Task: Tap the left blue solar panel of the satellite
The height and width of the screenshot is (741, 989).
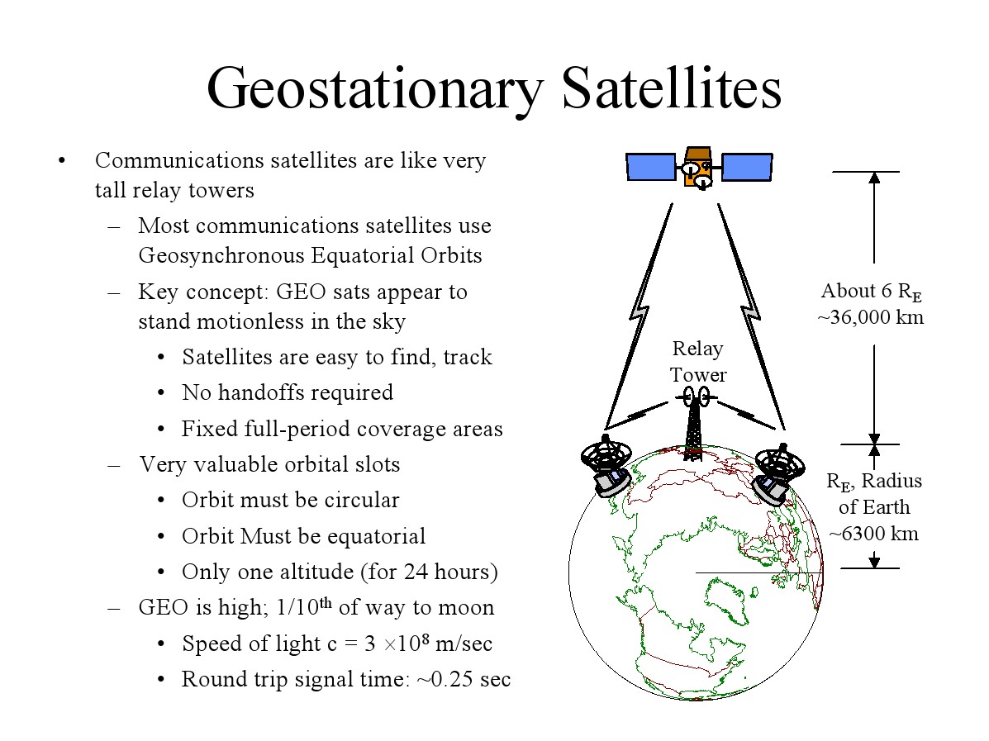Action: (x=651, y=167)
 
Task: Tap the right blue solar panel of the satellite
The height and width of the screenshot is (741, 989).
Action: (x=747, y=167)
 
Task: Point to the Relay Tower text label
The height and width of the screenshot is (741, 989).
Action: (x=698, y=362)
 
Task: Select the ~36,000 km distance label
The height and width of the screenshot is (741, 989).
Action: (x=870, y=317)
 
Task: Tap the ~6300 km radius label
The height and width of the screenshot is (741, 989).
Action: (x=874, y=534)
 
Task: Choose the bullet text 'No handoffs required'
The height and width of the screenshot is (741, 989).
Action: (x=287, y=392)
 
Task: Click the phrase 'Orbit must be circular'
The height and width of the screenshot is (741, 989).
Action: (x=290, y=501)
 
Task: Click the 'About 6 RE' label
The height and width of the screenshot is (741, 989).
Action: (x=870, y=291)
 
